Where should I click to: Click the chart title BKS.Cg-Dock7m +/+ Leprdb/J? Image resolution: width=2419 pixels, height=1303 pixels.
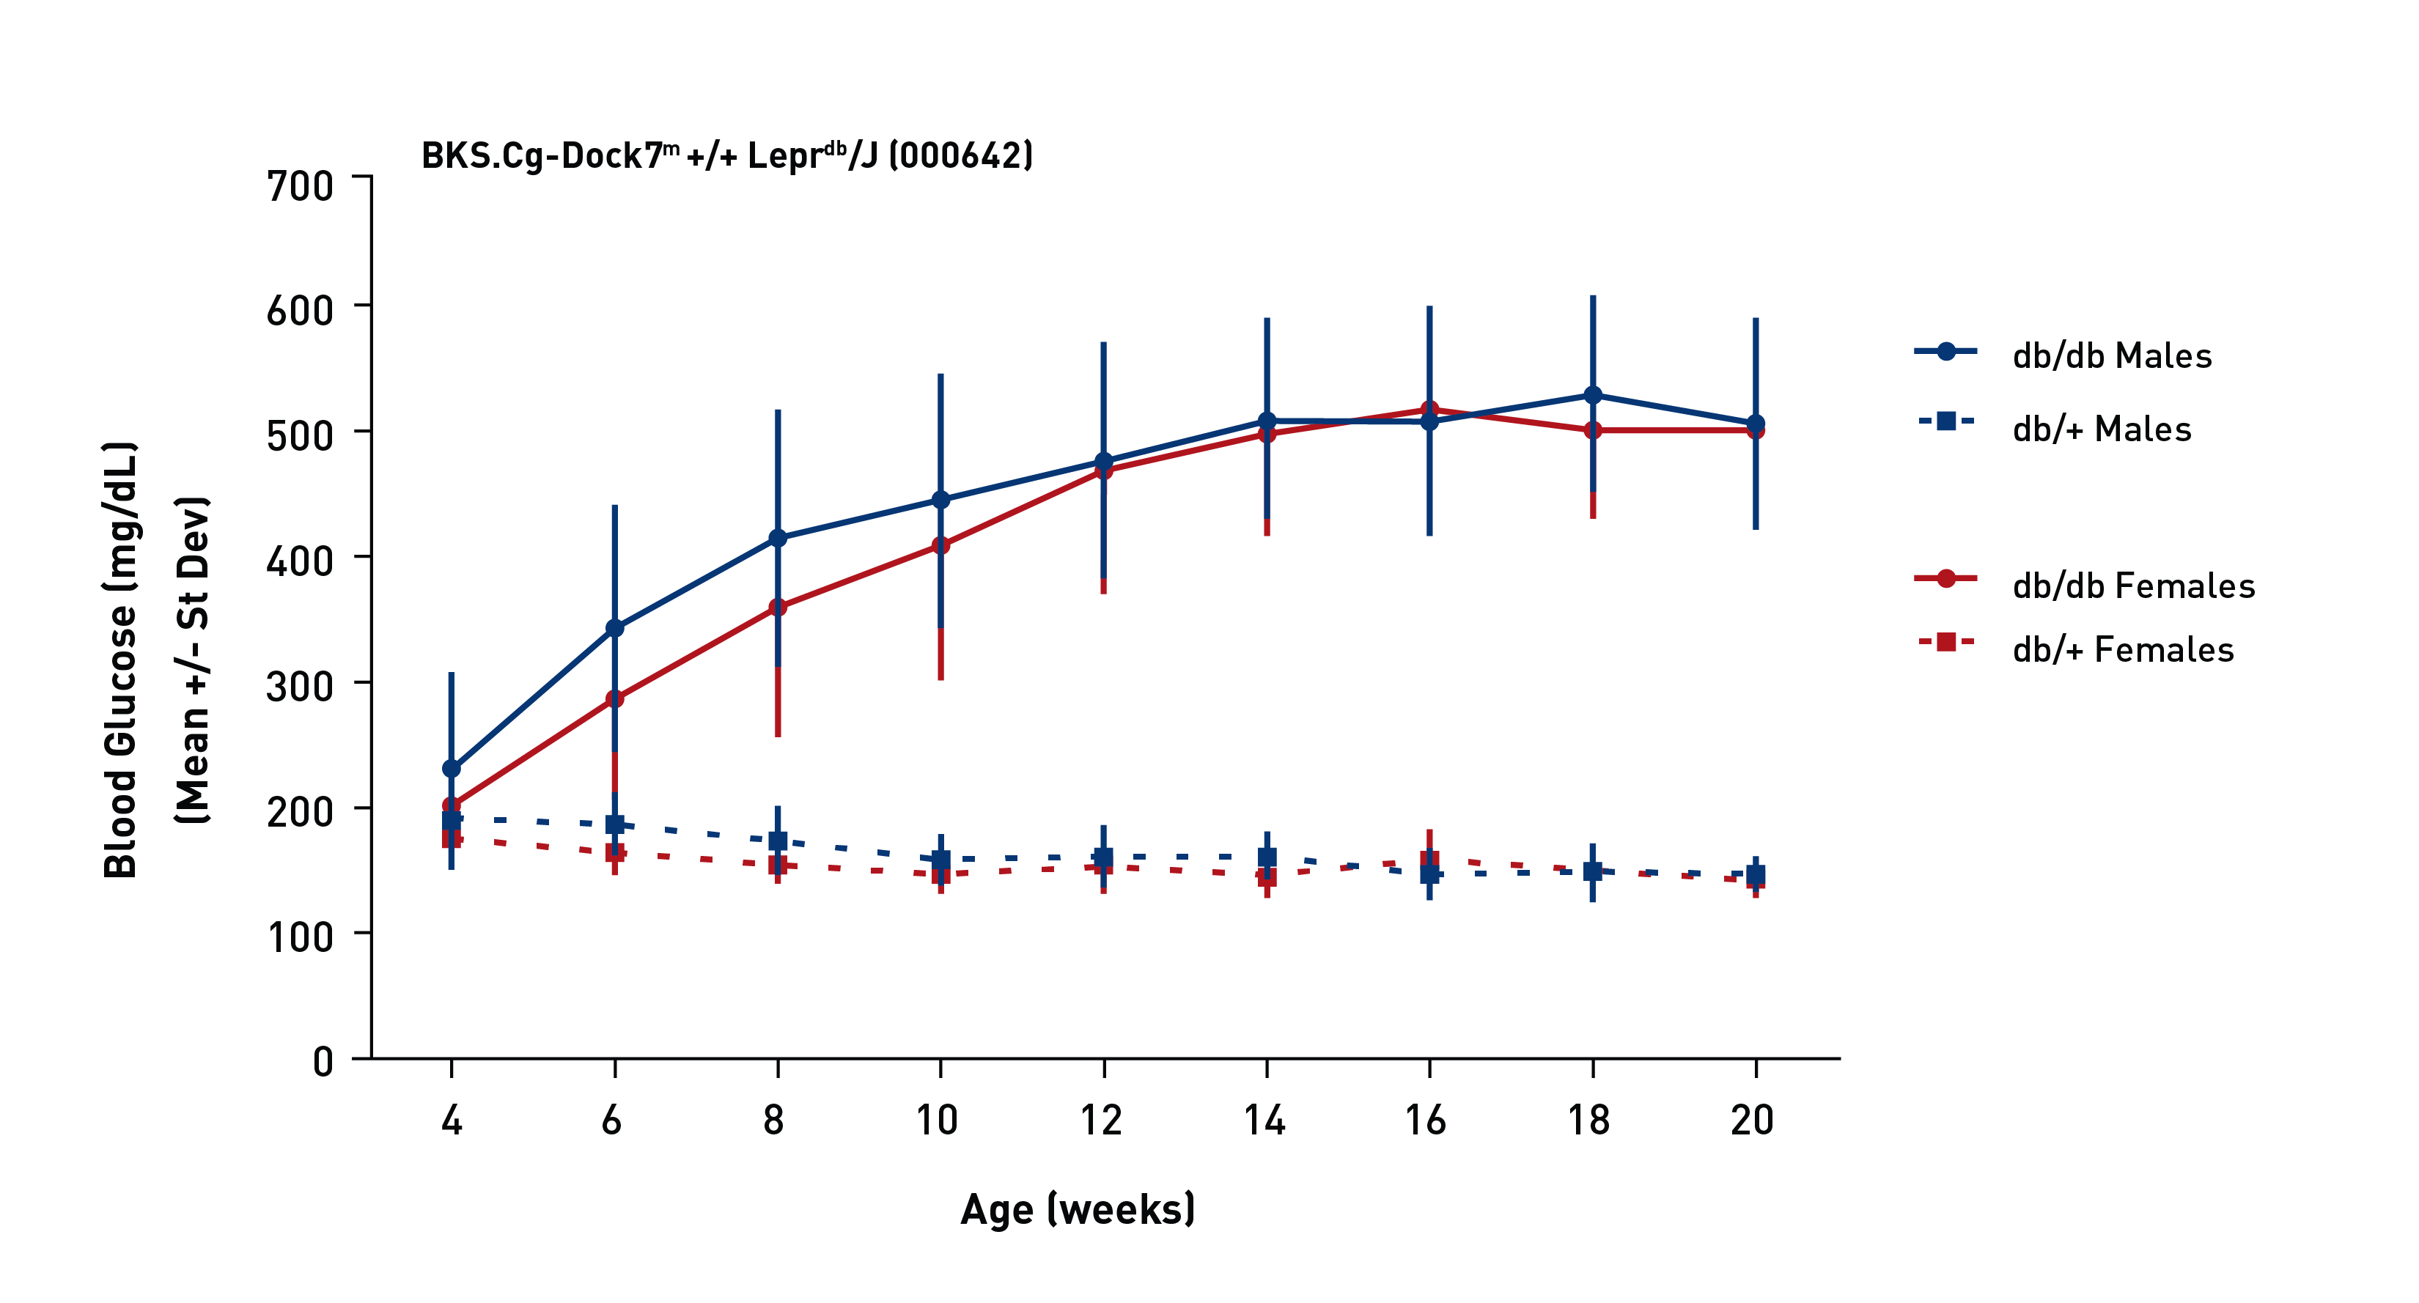click(x=727, y=156)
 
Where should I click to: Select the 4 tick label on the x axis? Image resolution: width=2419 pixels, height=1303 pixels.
click(x=452, y=1120)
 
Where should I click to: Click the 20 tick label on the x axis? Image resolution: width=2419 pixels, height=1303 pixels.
click(x=1752, y=1120)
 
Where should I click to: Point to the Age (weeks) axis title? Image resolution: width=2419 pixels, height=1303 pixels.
click(x=1077, y=1209)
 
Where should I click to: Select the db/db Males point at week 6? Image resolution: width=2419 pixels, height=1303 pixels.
click(x=614, y=627)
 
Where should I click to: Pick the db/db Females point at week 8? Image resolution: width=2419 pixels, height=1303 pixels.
click(x=778, y=608)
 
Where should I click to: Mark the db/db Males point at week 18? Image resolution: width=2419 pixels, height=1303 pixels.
click(x=1593, y=395)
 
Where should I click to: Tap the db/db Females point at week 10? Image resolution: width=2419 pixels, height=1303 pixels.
click(x=940, y=545)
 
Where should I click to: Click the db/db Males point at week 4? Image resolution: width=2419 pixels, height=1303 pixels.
click(x=452, y=768)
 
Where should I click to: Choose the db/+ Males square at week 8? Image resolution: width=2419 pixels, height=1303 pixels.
click(x=778, y=840)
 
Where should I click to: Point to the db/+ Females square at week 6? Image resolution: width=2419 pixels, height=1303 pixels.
click(x=614, y=853)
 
